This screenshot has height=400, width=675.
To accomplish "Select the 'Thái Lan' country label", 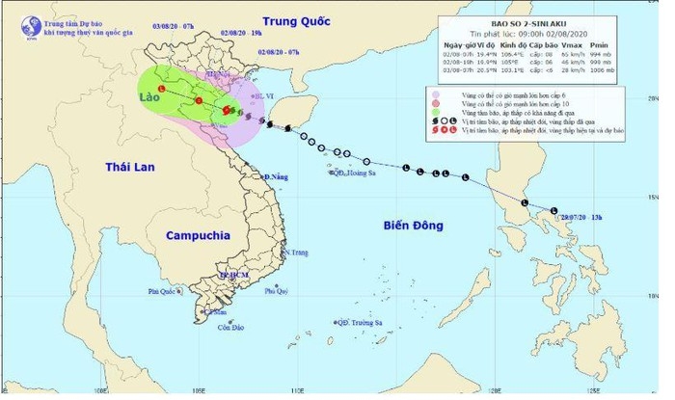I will click(x=129, y=168).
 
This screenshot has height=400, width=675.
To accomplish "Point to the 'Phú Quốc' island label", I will click(x=164, y=289).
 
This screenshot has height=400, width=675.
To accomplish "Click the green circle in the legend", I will click(x=437, y=113).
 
